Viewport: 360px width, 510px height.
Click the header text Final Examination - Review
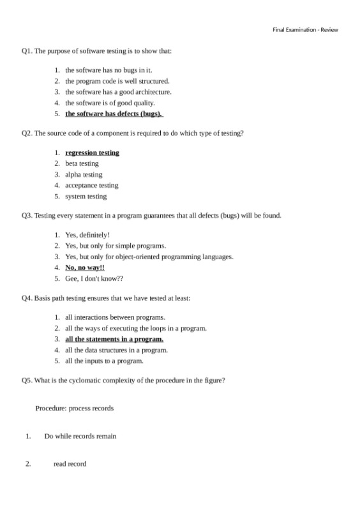click(305, 30)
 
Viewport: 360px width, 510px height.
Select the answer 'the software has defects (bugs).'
click(114, 114)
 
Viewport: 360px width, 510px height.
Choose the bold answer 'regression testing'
click(92, 153)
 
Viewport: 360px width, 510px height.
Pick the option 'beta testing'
click(82, 163)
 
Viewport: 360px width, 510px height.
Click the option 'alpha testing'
click(84, 174)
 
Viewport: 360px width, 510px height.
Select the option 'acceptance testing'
click(91, 185)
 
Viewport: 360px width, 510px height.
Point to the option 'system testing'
click(86, 196)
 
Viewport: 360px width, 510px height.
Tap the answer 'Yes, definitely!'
click(87, 235)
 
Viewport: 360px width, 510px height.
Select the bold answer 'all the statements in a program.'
click(114, 339)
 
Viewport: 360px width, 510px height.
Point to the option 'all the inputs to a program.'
click(104, 361)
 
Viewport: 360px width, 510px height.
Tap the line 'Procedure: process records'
click(75, 408)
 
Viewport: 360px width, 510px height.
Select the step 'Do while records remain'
click(80, 436)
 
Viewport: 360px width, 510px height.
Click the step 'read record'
click(70, 463)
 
